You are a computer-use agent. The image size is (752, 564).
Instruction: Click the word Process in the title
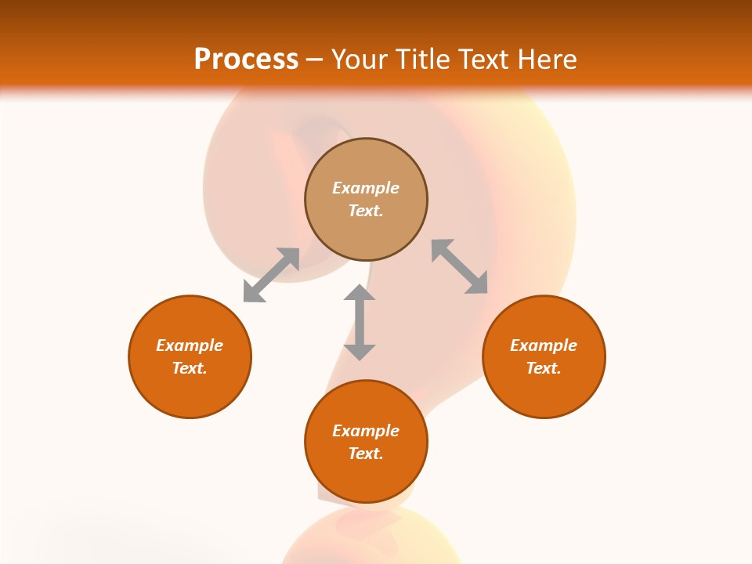(246, 60)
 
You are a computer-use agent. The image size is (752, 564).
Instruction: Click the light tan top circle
(366, 161)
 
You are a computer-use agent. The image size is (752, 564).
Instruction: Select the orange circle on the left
(190, 392)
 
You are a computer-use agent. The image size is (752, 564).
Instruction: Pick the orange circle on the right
(544, 392)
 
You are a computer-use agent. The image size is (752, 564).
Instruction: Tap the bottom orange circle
(366, 478)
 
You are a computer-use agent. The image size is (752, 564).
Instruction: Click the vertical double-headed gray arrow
(360, 322)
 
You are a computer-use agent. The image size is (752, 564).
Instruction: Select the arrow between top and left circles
(271, 275)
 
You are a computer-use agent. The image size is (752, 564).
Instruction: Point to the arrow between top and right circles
(460, 266)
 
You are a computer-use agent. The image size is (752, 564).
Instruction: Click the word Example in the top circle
(366, 188)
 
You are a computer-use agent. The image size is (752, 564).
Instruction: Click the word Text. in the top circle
(366, 211)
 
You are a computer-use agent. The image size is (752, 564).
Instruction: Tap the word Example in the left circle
(190, 345)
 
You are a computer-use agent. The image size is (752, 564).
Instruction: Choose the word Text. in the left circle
(190, 368)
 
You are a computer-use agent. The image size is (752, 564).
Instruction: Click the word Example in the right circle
(544, 345)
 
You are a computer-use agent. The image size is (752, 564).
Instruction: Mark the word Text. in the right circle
(544, 368)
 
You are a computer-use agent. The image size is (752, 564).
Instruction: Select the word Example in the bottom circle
(366, 431)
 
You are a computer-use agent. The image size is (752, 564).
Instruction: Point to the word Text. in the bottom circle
(366, 454)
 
